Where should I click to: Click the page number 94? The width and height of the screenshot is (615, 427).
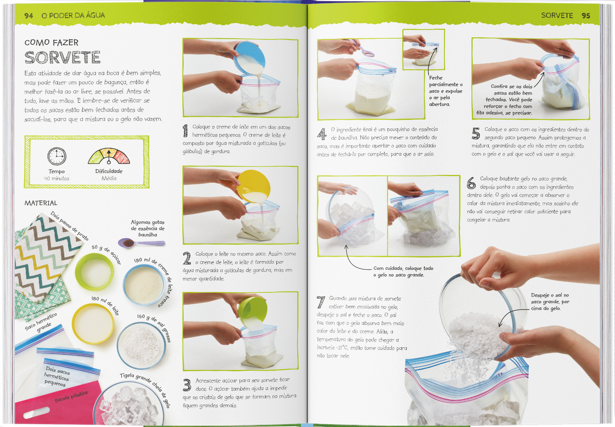tap(29, 16)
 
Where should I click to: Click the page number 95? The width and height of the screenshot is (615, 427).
tap(586, 16)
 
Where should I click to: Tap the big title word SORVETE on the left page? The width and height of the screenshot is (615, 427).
tap(62, 58)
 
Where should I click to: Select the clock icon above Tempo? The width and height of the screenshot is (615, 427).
tap(57, 156)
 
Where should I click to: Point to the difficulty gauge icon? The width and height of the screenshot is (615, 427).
tap(109, 156)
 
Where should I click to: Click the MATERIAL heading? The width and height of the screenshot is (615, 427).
tap(41, 203)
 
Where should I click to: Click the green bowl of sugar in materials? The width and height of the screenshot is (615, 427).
tap(94, 271)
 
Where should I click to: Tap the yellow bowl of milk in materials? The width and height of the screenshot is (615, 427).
tap(93, 323)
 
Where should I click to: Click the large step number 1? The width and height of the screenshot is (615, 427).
tap(186, 130)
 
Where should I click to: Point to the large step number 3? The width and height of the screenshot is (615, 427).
tap(187, 385)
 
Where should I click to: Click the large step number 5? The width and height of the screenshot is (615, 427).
tap(476, 133)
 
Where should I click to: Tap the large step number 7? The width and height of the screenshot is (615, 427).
tap(320, 302)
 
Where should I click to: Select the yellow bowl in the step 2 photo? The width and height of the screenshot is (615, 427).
tap(254, 186)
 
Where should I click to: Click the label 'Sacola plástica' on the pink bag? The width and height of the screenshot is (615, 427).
tap(71, 396)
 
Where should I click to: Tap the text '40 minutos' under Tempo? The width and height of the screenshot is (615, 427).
tap(57, 179)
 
